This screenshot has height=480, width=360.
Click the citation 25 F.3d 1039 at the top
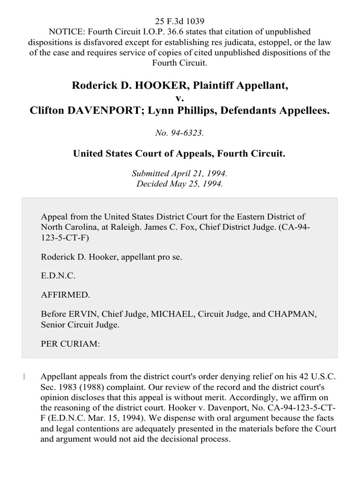click(180, 22)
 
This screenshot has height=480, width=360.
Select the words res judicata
click(197, 42)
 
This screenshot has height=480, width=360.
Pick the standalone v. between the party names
click(180, 98)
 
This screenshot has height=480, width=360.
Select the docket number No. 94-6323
click(180, 133)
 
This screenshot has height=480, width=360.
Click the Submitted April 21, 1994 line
click(180, 173)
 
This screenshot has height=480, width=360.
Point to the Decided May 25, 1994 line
click(180, 183)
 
